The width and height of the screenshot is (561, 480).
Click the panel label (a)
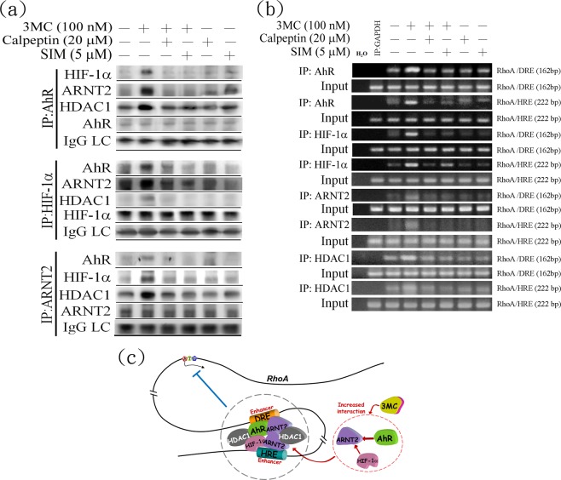click(20, 13)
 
